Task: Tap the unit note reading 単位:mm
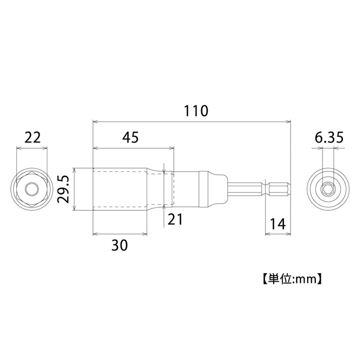291,280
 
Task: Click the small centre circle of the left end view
32,190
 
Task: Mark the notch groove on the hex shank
265,190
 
